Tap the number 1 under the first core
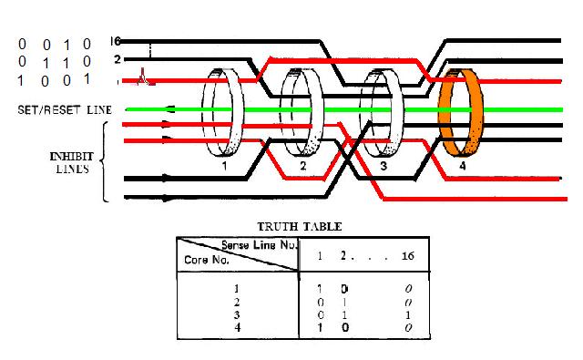click(225, 166)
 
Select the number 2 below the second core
click(303, 166)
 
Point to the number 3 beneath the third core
click(384, 166)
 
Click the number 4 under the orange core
click(462, 166)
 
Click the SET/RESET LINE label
click(65, 110)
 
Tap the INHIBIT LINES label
click(72, 162)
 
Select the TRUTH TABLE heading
click(300, 227)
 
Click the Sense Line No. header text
click(260, 245)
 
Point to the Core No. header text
click(207, 260)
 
